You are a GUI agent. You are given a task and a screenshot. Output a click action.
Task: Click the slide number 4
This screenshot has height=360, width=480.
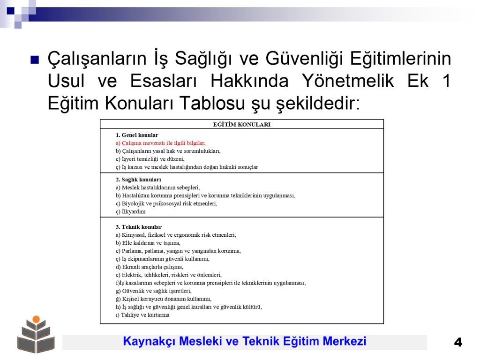pyautogui.click(x=458, y=342)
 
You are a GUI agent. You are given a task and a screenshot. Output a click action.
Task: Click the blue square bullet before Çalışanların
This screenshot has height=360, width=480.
pyautogui.click(x=35, y=59)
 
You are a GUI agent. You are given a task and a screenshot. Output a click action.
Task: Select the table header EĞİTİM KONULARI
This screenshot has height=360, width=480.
pyautogui.click(x=241, y=125)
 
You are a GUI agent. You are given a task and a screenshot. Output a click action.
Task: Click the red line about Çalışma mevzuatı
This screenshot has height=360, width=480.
pyautogui.click(x=161, y=143)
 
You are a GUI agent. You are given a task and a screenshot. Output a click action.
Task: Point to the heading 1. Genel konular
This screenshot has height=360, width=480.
pyautogui.click(x=137, y=135)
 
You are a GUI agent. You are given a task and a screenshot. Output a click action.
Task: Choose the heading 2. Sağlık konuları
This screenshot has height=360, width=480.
pyautogui.click(x=138, y=180)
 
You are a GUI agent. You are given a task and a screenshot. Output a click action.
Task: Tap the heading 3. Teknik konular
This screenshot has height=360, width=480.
pyautogui.click(x=139, y=227)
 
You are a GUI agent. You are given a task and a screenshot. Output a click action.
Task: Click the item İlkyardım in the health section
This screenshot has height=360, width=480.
pyautogui.click(x=131, y=211)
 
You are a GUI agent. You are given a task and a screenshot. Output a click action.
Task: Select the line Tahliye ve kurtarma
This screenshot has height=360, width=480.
pyautogui.click(x=142, y=315)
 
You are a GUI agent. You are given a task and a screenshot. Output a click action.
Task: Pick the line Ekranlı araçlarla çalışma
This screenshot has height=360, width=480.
pyautogui.click(x=150, y=267)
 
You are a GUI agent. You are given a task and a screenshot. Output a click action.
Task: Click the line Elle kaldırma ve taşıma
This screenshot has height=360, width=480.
pyautogui.click(x=148, y=243)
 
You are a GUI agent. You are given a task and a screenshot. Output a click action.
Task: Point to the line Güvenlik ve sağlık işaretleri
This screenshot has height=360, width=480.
pyautogui.click(x=154, y=291)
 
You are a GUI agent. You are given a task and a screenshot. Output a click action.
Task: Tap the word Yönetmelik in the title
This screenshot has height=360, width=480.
pyautogui.click(x=348, y=81)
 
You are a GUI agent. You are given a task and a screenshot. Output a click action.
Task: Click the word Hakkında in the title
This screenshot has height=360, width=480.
pyautogui.click(x=249, y=81)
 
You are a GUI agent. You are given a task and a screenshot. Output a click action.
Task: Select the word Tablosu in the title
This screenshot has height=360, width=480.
pyautogui.click(x=212, y=103)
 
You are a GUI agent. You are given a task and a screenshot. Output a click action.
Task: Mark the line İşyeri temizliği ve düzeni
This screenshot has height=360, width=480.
pyautogui.click(x=150, y=159)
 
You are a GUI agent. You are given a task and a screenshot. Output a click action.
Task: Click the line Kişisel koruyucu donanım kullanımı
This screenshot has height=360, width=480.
pyautogui.click(x=164, y=299)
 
